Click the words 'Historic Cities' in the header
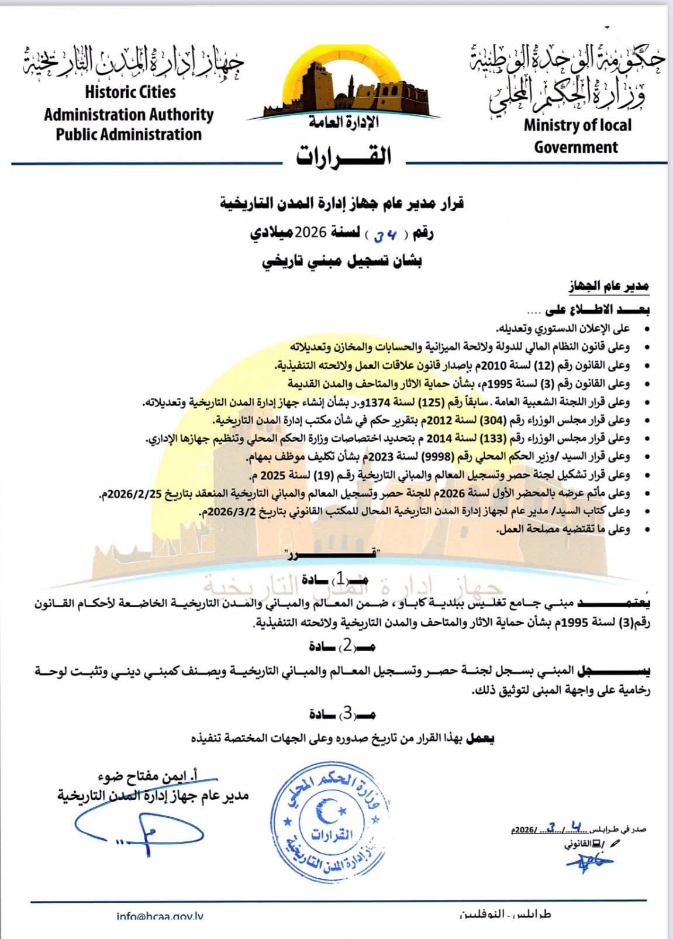pyautogui.click(x=130, y=92)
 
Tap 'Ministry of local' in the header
pyautogui.click(x=577, y=125)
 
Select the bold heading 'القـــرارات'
pyautogui.click(x=343, y=156)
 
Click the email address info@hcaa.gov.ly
pyautogui.click(x=160, y=916)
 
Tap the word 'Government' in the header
pyautogui.click(x=576, y=146)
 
